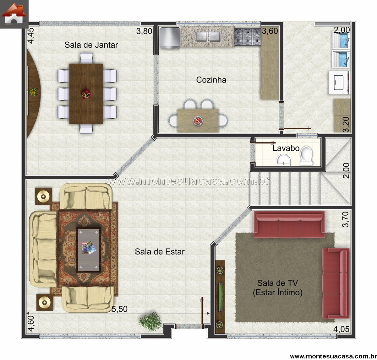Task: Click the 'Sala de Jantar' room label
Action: [91, 45]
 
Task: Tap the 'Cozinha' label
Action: [211, 80]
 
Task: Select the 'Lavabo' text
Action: [286, 148]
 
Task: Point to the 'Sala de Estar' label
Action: [160, 252]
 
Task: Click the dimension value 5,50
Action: [119, 309]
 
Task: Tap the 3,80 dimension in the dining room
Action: [144, 31]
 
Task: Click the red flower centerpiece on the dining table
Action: [86, 94]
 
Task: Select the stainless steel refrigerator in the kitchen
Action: [170, 38]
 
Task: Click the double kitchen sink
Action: [208, 37]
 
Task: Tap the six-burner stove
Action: [248, 37]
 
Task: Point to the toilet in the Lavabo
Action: [307, 156]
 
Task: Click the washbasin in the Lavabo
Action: [283, 160]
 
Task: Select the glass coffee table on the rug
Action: [88, 250]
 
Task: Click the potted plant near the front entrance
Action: [150, 322]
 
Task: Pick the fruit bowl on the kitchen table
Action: [198, 121]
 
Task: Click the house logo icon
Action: [14, 14]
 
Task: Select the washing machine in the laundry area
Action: [339, 83]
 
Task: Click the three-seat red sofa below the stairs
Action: [289, 224]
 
